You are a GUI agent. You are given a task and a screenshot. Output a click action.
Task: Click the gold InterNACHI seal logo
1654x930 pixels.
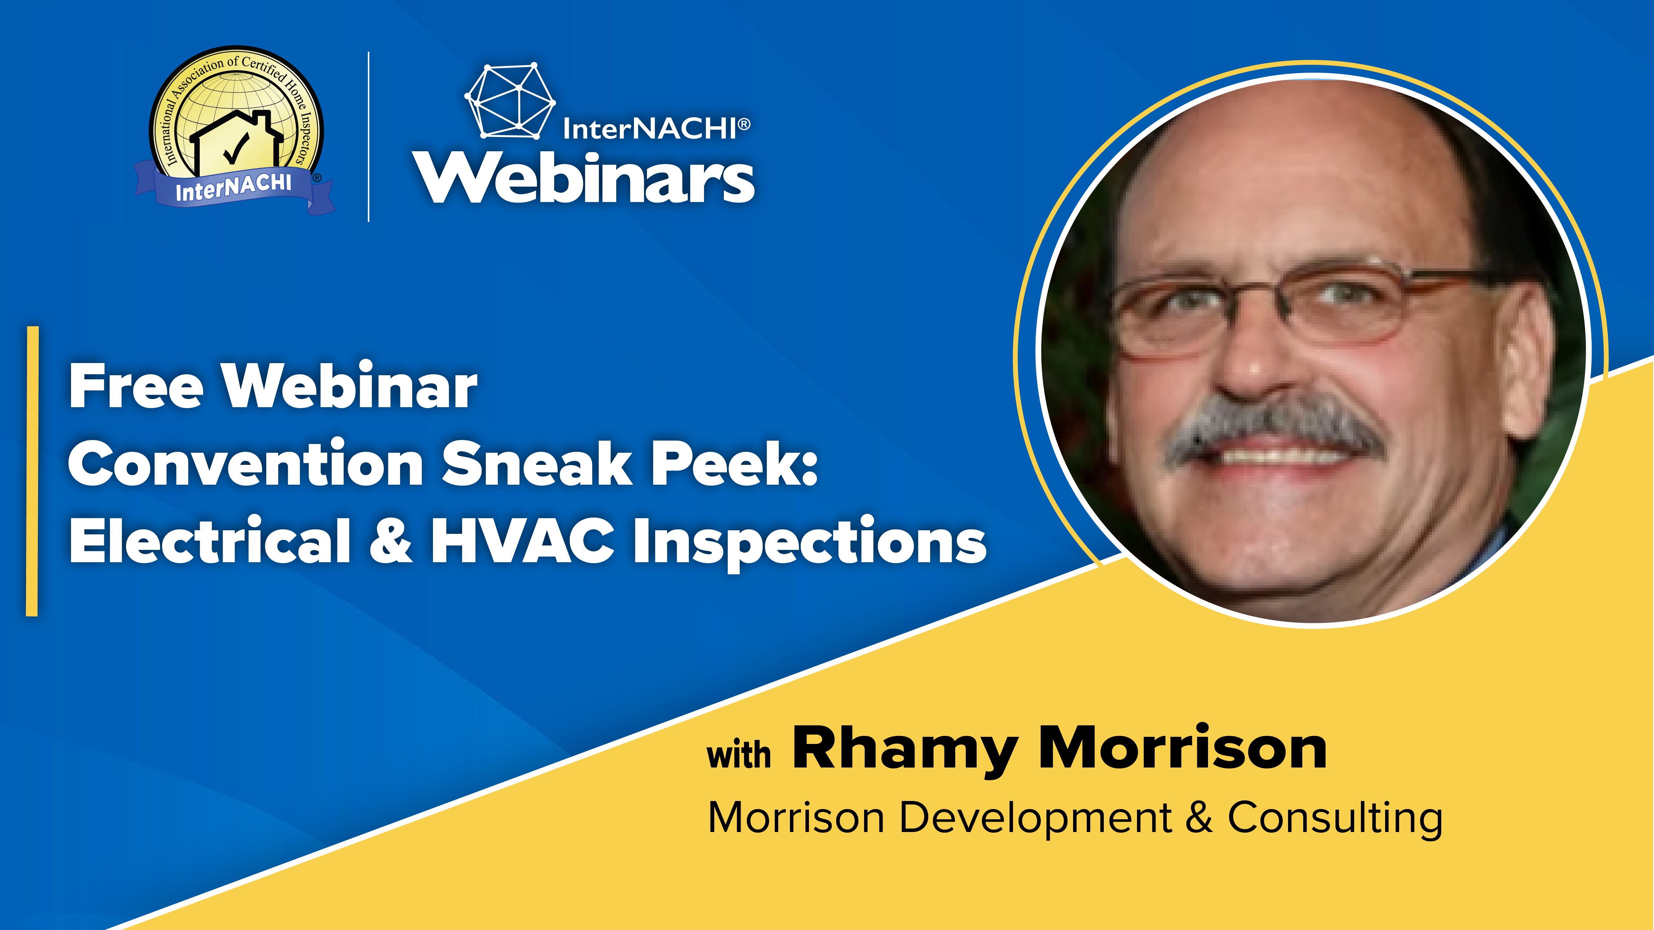[x=235, y=130]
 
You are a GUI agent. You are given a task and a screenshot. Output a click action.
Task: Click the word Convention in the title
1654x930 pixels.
[x=245, y=463]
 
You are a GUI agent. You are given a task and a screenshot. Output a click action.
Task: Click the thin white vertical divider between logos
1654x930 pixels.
[x=368, y=137]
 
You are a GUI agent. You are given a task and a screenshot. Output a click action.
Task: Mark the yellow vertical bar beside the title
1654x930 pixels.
[x=32, y=471]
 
